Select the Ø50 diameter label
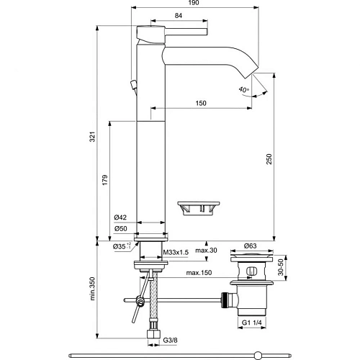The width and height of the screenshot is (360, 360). (x=120, y=230)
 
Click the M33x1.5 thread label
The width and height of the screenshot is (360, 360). (x=175, y=252)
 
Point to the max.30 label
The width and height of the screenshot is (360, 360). (x=207, y=251)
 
